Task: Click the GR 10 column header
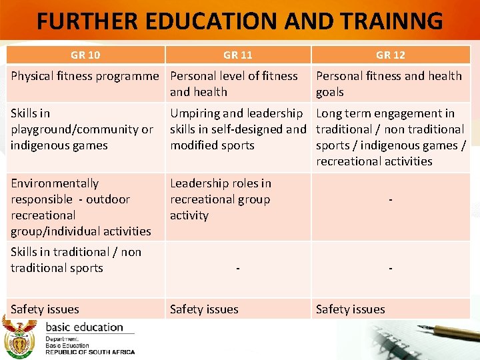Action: [85, 55]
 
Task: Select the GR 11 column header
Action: [238, 55]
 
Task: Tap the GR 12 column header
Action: [390, 55]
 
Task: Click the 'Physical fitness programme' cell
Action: [85, 76]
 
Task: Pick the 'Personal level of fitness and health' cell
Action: [234, 84]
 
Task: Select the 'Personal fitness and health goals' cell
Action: [389, 84]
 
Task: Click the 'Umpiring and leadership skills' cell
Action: [237, 129]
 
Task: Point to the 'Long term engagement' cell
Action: [390, 137]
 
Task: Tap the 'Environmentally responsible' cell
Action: [81, 207]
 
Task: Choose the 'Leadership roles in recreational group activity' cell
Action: [221, 199]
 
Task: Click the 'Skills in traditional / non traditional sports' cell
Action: [76, 260]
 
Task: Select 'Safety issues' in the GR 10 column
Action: [45, 309]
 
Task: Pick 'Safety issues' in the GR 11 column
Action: [204, 309]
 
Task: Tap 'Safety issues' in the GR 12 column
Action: [351, 309]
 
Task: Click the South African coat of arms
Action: [18, 337]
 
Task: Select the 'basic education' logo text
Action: [84, 327]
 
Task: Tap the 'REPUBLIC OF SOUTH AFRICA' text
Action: [90, 352]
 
